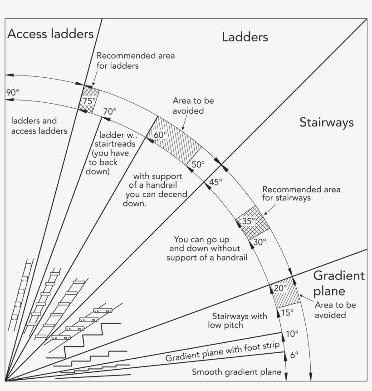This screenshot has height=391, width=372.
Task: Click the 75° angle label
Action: tap(89, 101)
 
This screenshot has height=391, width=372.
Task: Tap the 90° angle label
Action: tap(13, 92)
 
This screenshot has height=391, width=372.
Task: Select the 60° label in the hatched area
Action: tap(160, 135)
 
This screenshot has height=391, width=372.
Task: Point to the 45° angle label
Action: tap(215, 182)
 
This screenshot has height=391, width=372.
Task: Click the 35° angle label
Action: tap(249, 221)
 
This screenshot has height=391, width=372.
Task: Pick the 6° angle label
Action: tap(294, 355)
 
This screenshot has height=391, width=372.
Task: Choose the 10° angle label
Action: tap(292, 334)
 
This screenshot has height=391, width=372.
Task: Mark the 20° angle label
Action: tap(280, 288)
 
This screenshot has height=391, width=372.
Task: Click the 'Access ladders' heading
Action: tap(50, 34)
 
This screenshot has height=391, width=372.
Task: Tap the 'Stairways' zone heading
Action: tap(327, 122)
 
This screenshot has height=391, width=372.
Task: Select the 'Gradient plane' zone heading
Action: tap(339, 283)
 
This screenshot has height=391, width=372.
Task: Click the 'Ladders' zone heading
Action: tap(245, 37)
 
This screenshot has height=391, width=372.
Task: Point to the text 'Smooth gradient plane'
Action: tap(237, 372)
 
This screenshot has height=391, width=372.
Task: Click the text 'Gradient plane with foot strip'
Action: tap(223, 351)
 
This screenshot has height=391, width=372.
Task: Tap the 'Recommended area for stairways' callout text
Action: tap(301, 194)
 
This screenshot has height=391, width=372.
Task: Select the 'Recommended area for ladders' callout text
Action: tap(136, 60)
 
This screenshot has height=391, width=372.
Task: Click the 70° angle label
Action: tap(109, 111)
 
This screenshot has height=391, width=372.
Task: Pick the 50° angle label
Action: tap(198, 165)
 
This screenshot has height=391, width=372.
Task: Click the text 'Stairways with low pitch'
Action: tap(237, 321)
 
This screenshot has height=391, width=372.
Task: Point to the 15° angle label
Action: tap(288, 313)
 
